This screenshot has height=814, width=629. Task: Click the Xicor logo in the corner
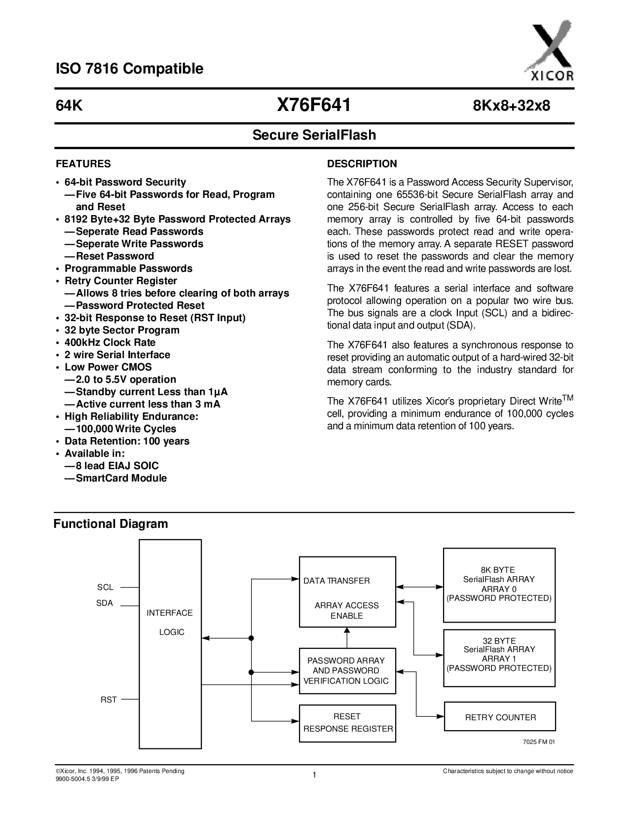click(549, 51)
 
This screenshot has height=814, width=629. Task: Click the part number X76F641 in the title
click(314, 105)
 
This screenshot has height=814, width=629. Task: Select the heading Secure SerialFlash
click(314, 135)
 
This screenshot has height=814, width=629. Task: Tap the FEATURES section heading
click(83, 164)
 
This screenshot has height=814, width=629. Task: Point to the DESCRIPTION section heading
click(362, 164)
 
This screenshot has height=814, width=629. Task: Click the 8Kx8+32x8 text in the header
click(512, 106)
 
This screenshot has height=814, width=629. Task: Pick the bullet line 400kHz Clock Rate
click(110, 342)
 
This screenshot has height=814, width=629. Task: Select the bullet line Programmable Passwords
click(128, 268)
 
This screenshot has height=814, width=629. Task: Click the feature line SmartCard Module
click(121, 478)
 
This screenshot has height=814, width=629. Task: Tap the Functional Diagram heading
click(111, 524)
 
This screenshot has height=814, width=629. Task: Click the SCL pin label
click(105, 588)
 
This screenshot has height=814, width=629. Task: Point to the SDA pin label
click(105, 603)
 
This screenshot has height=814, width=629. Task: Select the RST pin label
click(109, 700)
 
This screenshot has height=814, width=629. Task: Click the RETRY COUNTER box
click(500, 717)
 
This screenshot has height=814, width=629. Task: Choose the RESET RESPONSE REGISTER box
click(347, 723)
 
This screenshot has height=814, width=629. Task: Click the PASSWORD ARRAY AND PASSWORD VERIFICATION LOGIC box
click(347, 671)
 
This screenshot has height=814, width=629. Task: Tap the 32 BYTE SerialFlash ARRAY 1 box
click(499, 658)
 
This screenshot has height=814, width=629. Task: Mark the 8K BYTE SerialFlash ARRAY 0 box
click(499, 585)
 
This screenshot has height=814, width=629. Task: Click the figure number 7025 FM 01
click(539, 742)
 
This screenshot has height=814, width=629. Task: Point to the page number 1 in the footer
click(314, 775)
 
